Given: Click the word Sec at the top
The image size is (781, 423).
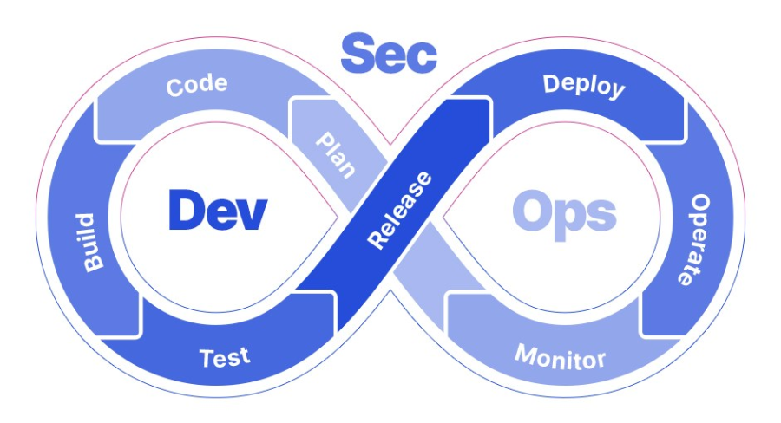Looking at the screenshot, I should click(388, 55).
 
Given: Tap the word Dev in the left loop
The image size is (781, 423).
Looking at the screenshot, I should click(217, 211).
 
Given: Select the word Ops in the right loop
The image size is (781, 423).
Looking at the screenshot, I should click(564, 211).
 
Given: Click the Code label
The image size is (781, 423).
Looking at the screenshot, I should click(197, 86).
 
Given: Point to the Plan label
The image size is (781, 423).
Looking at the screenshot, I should click(335, 155).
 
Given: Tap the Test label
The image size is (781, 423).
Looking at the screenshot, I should click(224, 356).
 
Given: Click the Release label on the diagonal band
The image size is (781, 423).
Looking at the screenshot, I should click(399, 211).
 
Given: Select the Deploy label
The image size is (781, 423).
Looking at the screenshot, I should click(583, 86).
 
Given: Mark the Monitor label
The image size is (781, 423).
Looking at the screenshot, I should click(560, 356).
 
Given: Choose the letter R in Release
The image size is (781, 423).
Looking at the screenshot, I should click(376, 240).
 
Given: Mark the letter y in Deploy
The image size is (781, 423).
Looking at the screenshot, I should click(616, 91).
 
